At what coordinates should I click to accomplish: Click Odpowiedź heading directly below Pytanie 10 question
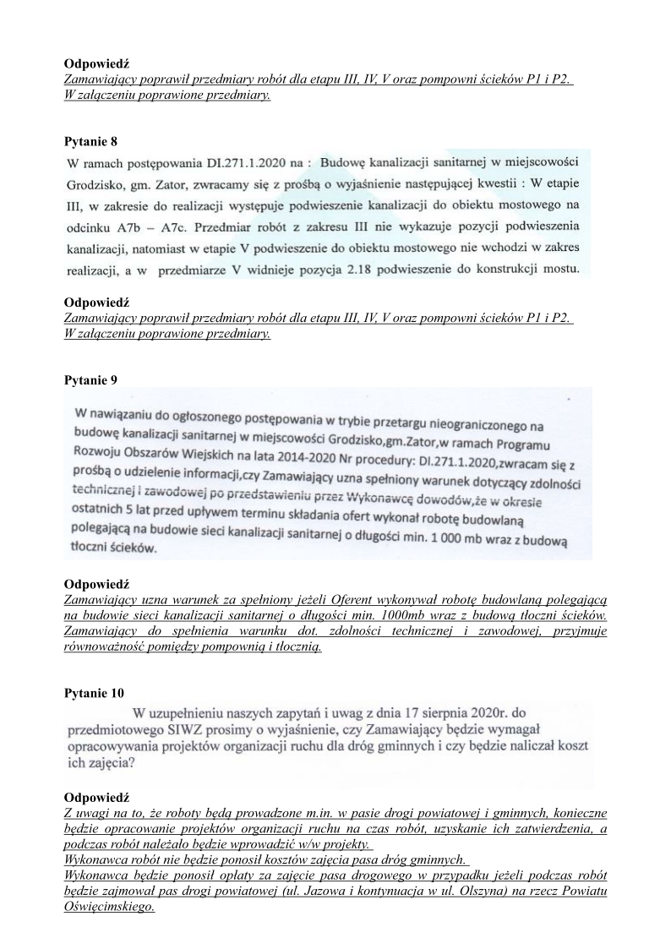tap(96, 797)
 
